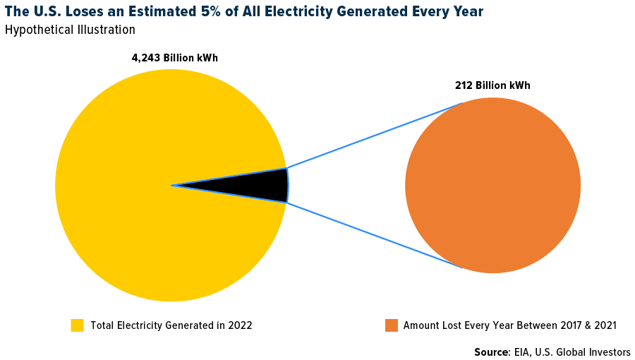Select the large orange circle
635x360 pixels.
[492, 186]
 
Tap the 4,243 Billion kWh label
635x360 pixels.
[174, 58]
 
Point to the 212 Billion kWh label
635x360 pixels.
[492, 85]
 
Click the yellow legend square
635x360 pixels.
[77, 325]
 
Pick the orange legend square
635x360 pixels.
[392, 325]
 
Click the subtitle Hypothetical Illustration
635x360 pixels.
[70, 30]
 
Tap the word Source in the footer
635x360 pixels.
[490, 352]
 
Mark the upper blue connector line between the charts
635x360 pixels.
[374, 136]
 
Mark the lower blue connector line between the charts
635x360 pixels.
[374, 235]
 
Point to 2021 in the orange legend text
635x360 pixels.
[605, 325]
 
